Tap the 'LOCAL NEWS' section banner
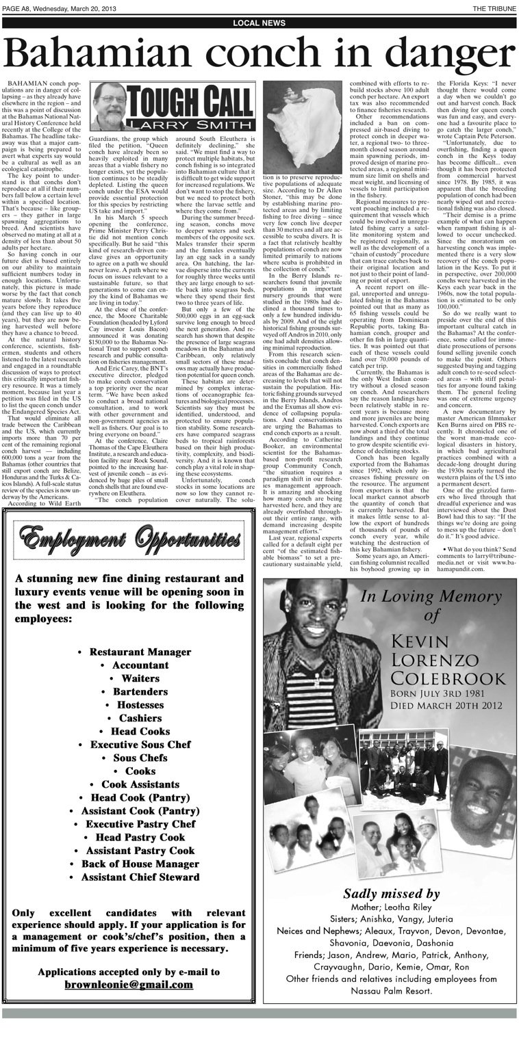point(259,23)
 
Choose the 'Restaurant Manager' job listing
point(130,652)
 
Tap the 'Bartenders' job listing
point(130,691)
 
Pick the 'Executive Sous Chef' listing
point(130,745)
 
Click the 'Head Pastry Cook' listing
point(130,837)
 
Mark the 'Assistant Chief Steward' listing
point(130,877)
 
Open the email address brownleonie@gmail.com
point(129,984)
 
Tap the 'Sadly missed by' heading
point(391,893)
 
